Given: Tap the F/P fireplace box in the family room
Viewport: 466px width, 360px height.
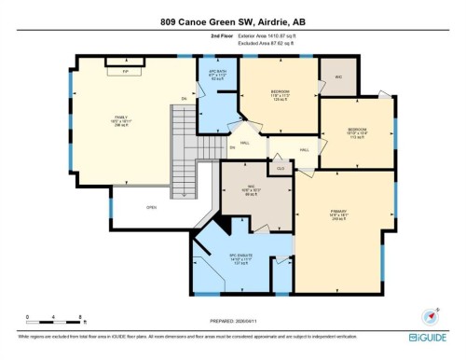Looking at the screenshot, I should [x=123, y=70].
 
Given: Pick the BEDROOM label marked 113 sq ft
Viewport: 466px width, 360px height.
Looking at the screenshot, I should [x=357, y=132].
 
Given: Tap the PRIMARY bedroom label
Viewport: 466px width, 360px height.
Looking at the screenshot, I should [x=338, y=214].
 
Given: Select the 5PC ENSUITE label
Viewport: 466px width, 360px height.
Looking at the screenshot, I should [x=241, y=256].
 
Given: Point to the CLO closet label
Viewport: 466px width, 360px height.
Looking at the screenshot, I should [x=281, y=168].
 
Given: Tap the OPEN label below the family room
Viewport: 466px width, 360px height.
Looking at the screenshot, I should [x=151, y=207].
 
